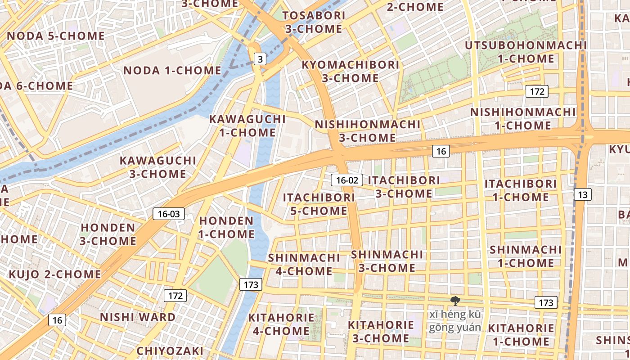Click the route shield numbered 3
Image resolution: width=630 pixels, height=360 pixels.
point(260,59)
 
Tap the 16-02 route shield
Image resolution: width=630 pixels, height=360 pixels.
point(347,180)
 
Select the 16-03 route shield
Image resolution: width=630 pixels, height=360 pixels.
point(169,214)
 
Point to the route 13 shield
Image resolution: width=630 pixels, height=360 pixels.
point(583,194)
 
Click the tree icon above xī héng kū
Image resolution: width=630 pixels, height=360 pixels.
point(455,301)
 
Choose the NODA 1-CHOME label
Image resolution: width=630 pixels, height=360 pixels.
point(172,71)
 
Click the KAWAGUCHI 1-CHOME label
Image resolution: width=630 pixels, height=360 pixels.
point(247,126)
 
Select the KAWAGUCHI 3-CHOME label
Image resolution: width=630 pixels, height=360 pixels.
point(158,167)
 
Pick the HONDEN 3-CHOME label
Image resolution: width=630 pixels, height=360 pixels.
point(108,234)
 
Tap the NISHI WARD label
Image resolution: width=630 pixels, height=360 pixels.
point(138,317)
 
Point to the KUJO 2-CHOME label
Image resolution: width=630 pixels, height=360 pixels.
point(55,274)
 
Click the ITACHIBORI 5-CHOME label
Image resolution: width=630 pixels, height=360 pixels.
point(319,204)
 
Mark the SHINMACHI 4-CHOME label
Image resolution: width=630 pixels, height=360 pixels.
point(304,265)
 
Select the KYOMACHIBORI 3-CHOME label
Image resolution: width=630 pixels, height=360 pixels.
point(350,71)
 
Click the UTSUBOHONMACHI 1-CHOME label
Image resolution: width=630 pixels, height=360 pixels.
point(526,52)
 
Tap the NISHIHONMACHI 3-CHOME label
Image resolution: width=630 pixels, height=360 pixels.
point(367,130)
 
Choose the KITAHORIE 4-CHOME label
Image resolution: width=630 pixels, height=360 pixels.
point(281,324)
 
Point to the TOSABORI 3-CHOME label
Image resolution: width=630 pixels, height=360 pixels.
point(314,22)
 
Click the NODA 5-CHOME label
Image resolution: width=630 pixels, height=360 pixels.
point(56,36)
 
